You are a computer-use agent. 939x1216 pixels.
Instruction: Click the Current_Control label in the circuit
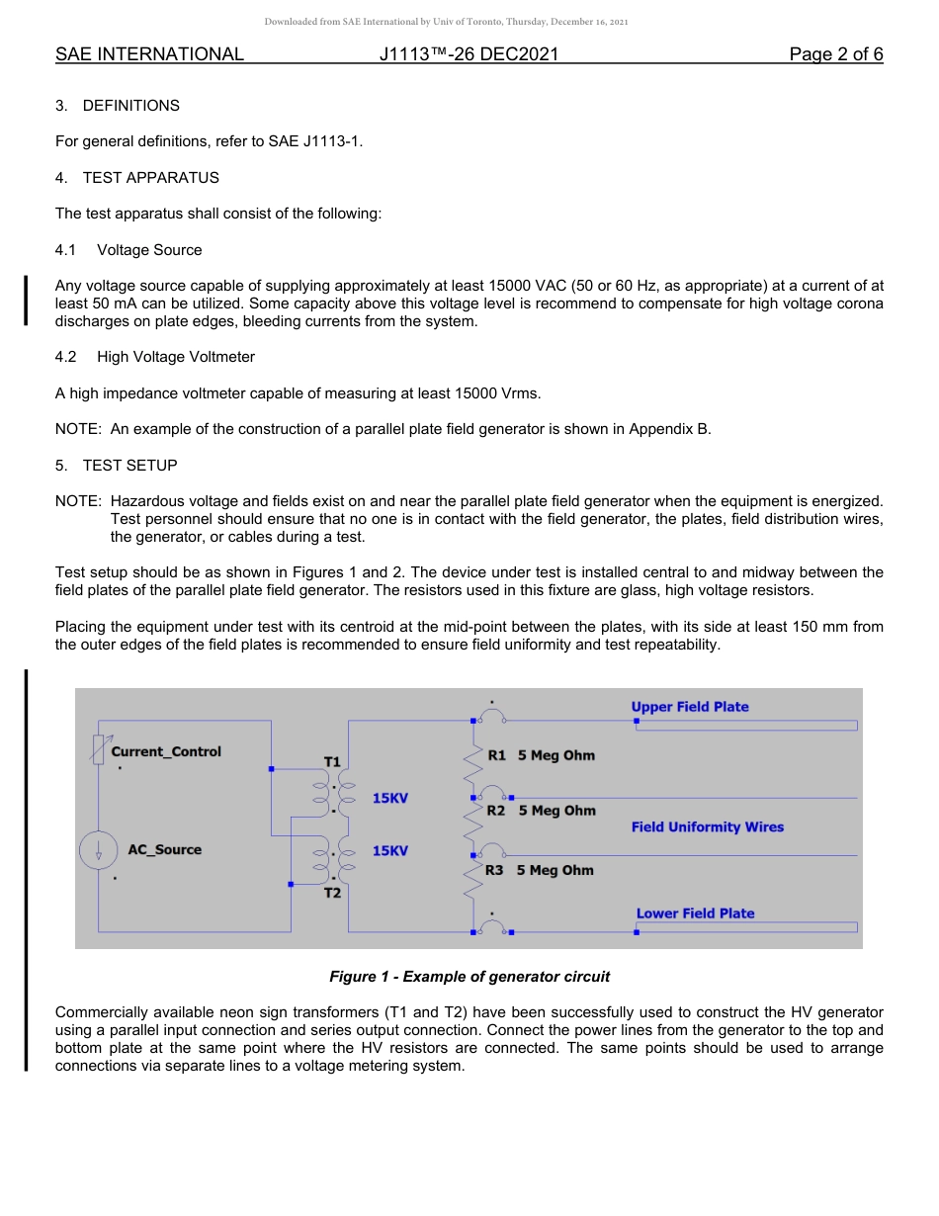point(166,751)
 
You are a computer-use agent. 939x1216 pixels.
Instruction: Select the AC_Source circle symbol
point(98,851)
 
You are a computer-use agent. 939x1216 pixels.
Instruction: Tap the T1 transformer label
point(332,761)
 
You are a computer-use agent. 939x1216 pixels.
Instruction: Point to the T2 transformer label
point(332,893)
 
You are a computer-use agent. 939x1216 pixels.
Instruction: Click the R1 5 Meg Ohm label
point(541,755)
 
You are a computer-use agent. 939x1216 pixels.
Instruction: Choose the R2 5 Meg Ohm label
point(541,811)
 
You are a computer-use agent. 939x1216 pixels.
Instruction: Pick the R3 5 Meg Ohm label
point(540,870)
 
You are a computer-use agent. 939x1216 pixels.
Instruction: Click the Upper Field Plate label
point(690,707)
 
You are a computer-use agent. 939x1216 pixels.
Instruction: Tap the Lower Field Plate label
point(695,913)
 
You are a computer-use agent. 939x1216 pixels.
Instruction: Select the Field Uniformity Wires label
point(708,827)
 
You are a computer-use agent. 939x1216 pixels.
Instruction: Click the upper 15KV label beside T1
point(390,798)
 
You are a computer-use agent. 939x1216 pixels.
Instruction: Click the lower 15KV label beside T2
point(390,851)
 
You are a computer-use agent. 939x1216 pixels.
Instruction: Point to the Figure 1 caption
point(469,977)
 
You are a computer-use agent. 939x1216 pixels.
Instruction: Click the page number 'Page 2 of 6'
point(835,54)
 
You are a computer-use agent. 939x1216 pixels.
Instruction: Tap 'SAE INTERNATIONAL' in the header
point(149,54)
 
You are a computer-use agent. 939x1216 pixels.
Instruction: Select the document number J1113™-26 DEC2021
point(469,54)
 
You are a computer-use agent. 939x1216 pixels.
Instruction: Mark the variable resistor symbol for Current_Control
point(98,750)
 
